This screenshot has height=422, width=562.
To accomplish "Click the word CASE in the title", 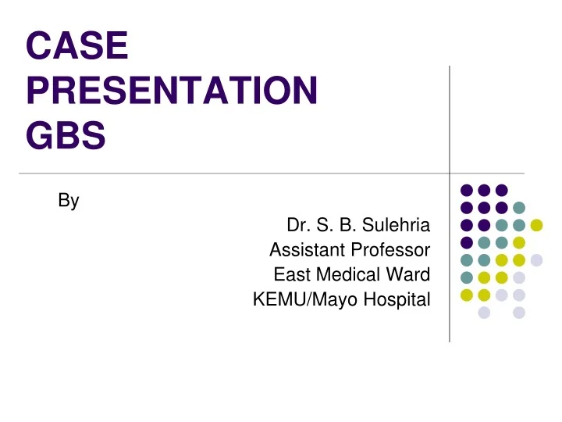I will [x=76, y=45].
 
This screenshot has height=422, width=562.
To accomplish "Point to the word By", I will [x=69, y=201].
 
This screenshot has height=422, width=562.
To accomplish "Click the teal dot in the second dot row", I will [x=518, y=207].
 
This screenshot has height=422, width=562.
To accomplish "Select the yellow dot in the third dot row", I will [x=536, y=225].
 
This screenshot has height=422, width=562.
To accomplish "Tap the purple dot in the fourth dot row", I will [x=466, y=242].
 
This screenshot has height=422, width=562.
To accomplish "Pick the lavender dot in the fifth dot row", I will [x=536, y=259].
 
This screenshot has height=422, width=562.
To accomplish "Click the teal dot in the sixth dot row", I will [x=466, y=277].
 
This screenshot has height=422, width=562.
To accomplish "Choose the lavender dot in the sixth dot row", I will [x=518, y=277].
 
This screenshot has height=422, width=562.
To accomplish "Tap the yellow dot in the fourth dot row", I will [x=518, y=242].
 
